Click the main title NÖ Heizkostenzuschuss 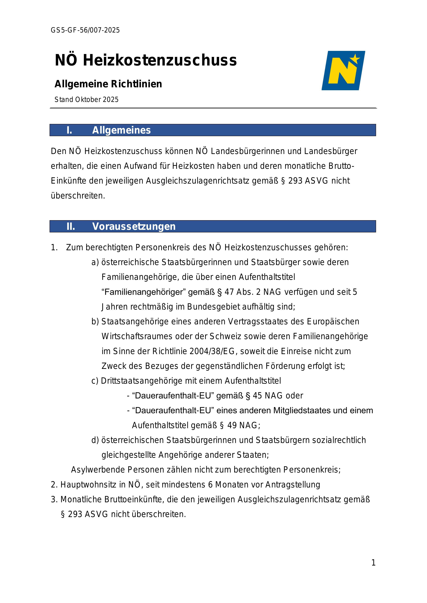146,60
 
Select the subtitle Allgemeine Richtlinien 108,84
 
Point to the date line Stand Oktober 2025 87,100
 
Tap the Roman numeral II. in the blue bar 71,226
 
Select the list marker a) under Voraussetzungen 95,262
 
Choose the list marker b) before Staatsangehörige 95,322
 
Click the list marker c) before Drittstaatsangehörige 95,381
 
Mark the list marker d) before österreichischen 95,440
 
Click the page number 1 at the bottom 373,563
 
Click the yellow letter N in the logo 342,71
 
